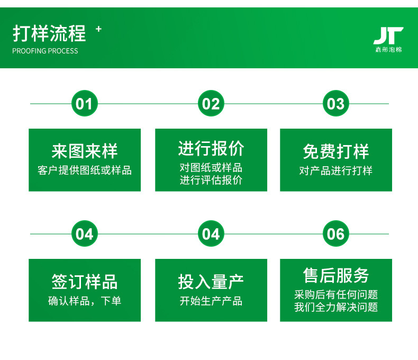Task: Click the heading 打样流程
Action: point(49,34)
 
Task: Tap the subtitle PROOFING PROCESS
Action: point(45,51)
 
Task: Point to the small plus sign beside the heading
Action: point(98,29)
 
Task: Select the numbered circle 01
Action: point(84,104)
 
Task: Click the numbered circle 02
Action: point(211,104)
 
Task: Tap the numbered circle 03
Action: point(335,104)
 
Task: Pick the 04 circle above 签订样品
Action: point(84,234)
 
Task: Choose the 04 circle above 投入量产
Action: point(211,234)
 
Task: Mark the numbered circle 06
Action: point(335,234)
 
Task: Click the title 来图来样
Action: point(85,151)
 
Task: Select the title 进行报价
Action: point(211,148)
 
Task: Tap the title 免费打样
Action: point(335,151)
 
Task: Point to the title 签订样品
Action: point(85,282)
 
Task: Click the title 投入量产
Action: point(211,282)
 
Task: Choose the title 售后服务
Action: point(335,275)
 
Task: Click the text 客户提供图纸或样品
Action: point(85,170)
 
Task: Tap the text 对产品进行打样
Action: point(335,170)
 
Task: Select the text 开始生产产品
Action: point(211,301)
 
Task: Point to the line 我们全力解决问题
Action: point(335,307)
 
